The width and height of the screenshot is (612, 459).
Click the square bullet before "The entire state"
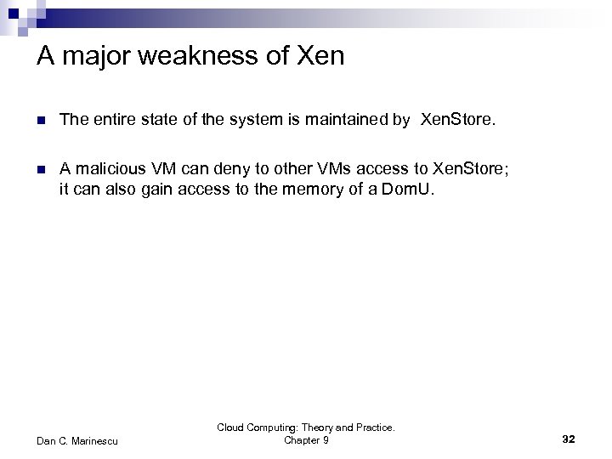(42, 122)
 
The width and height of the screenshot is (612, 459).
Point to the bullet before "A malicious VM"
(42, 168)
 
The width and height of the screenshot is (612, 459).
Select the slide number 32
(569, 439)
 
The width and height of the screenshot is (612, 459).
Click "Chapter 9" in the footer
(306, 439)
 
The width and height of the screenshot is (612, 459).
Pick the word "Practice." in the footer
(373, 428)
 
